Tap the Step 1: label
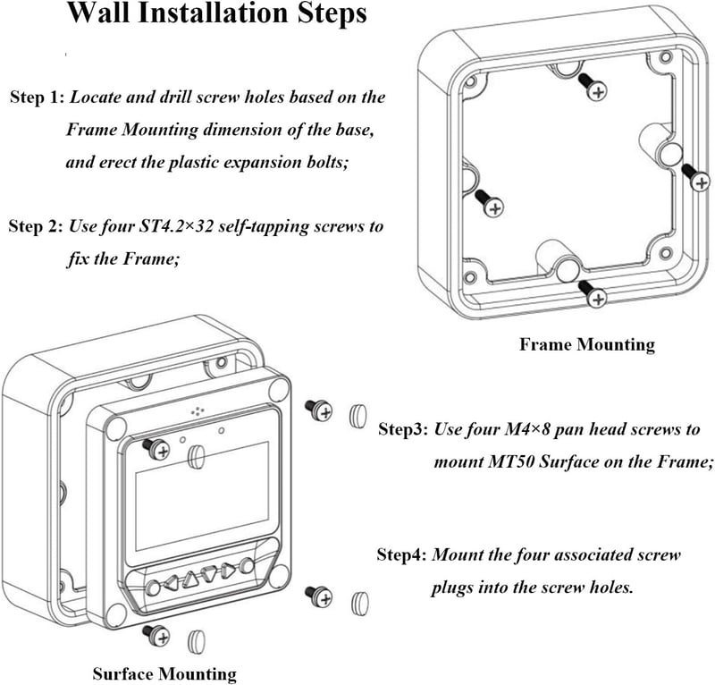click(38, 97)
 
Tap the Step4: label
click(401, 555)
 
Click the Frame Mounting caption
click(587, 344)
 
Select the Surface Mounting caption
click(164, 673)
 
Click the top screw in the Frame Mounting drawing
click(593, 87)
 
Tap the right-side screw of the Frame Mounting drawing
click(696, 178)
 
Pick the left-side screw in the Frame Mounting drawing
click(489, 203)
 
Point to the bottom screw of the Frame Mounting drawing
click(593, 294)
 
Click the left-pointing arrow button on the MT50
click(172, 583)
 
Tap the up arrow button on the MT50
click(190, 579)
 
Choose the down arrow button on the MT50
click(210, 574)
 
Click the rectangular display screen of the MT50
click(201, 496)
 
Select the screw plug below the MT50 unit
click(196, 641)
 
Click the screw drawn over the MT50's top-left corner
click(156, 449)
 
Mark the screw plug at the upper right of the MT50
click(358, 416)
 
